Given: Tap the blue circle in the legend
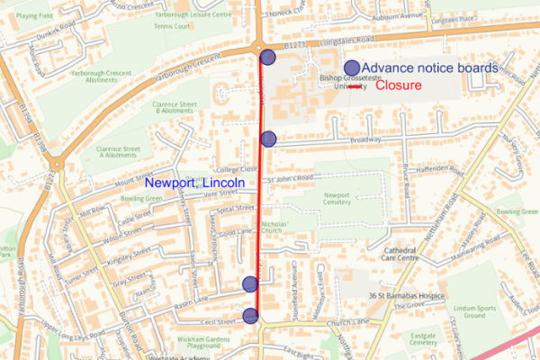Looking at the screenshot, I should click(x=352, y=67).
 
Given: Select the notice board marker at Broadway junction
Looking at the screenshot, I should click(x=268, y=138).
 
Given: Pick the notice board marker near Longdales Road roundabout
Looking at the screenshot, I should click(x=268, y=58).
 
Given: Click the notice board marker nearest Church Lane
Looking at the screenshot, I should click(x=250, y=314).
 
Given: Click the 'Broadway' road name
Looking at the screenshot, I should click(x=366, y=140).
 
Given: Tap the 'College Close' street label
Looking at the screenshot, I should click(x=236, y=168).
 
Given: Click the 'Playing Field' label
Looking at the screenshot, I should click(x=33, y=15).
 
